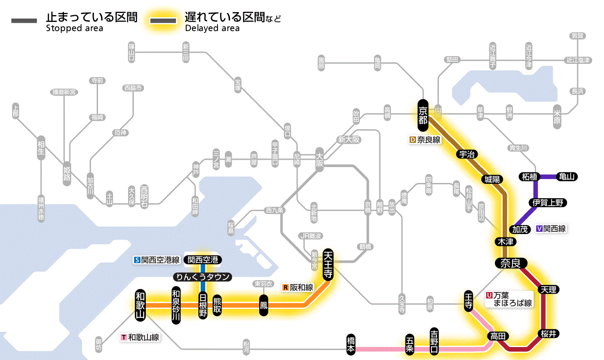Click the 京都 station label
pyautogui.click(x=423, y=115)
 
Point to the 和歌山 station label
pyautogui.click(x=140, y=305)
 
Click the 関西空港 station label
pyautogui.click(x=203, y=260)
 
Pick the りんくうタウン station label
pyautogui.click(x=202, y=277)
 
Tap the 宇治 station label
pyautogui.click(x=467, y=154)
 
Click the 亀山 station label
pyautogui.click(x=567, y=177)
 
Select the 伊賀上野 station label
pyautogui.click(x=548, y=202)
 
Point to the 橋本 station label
pyautogui.click(x=352, y=344)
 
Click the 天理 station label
pyautogui.click(x=549, y=290)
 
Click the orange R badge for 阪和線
pyautogui.click(x=285, y=287)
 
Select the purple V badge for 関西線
pyautogui.click(x=539, y=229)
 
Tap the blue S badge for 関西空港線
pyautogui.click(x=137, y=260)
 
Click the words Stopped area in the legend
pyautogui.click(x=74, y=28)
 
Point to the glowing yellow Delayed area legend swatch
pyautogui.click(x=163, y=21)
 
